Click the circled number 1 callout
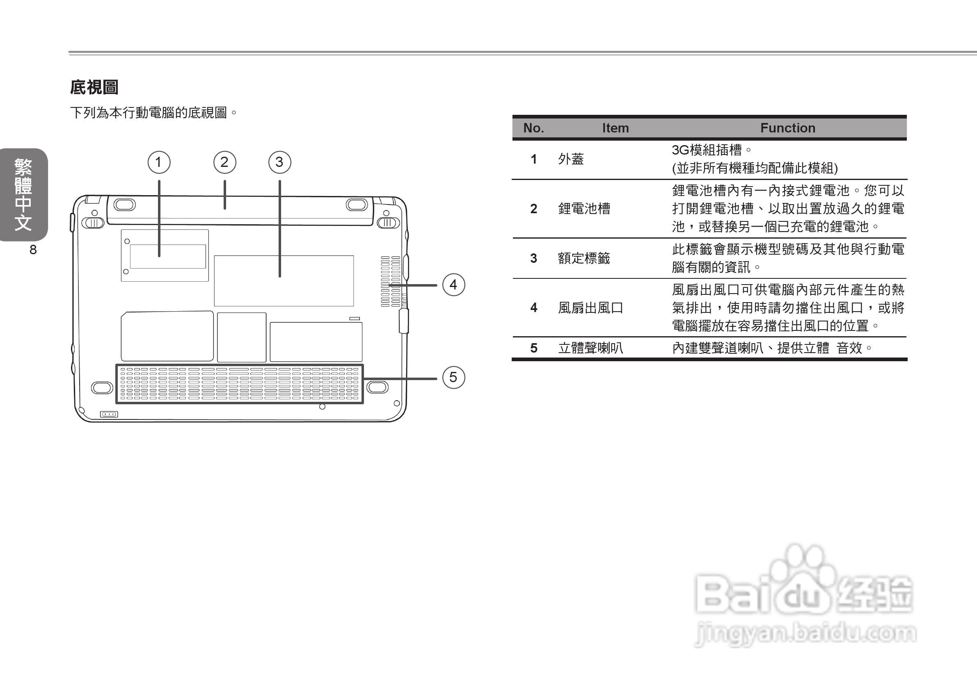tap(159, 162)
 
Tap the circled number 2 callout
tap(225, 162)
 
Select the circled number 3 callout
tap(279, 162)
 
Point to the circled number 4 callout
tap(453, 285)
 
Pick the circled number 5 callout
tap(453, 377)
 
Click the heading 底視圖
tap(94, 87)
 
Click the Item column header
tap(615, 128)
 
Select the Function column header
tap(788, 128)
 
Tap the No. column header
tap(533, 128)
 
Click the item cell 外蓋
tap(571, 159)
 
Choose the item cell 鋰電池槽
tap(584, 209)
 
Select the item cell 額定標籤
tap(584, 258)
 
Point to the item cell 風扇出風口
tap(590, 308)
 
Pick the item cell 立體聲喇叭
tap(590, 348)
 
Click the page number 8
tap(33, 250)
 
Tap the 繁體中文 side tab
tap(23, 195)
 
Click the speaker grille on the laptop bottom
tap(240, 384)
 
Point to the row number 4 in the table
tap(533, 308)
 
